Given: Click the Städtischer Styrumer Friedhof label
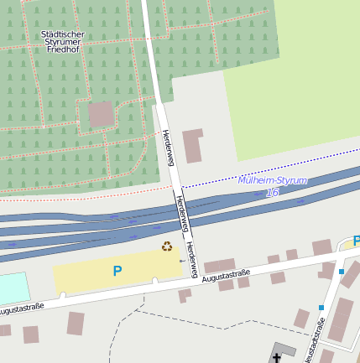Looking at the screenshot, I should [63, 41].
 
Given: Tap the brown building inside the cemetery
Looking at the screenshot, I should [102, 114].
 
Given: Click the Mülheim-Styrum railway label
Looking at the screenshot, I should [272, 180].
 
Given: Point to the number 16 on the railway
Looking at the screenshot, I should [272, 193].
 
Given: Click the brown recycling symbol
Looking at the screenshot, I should [167, 246].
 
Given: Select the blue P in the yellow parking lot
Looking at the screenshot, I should [117, 271].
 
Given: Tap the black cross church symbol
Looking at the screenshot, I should [277, 358].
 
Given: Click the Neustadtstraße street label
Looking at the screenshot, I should [316, 345].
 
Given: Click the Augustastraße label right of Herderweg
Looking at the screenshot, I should [227, 276].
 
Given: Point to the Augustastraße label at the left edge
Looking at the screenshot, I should [21, 309].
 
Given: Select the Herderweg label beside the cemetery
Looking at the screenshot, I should [168, 148].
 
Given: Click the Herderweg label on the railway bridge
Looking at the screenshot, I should [181, 213].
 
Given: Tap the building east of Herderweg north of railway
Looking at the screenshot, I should [193, 145].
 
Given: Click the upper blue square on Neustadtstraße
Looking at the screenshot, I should [342, 272].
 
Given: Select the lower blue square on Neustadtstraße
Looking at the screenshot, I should [321, 308].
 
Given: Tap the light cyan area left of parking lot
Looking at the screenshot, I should [13, 288].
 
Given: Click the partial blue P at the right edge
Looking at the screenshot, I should [356, 241].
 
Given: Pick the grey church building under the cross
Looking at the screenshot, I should [283, 352].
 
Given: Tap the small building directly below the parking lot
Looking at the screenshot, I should [184, 295].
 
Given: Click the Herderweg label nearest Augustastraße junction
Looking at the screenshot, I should [192, 259].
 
